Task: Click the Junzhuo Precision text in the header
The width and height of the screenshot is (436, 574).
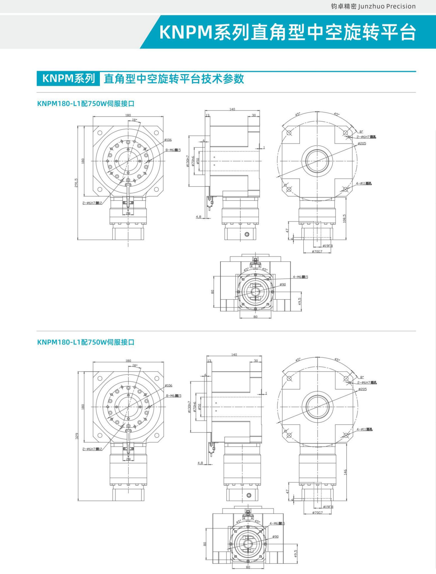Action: pyautogui.click(x=387, y=6)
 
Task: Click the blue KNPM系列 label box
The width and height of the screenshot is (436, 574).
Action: pyautogui.click(x=68, y=79)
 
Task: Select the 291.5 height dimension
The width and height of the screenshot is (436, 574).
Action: pyautogui.click(x=76, y=182)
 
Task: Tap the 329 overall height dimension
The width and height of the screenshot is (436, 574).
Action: pyautogui.click(x=77, y=436)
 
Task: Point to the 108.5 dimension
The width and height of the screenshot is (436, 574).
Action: pyautogui.click(x=344, y=218)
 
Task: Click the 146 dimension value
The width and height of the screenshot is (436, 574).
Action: pyautogui.click(x=345, y=472)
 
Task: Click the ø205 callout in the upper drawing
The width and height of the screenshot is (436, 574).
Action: pyautogui.click(x=362, y=144)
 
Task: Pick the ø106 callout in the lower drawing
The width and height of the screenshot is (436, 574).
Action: pyautogui.click(x=168, y=385)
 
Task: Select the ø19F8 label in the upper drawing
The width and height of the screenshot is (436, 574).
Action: pyautogui.click(x=328, y=246)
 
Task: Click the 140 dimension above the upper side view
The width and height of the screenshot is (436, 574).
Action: pyautogui.click(x=232, y=109)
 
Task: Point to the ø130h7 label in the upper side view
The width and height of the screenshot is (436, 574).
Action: pyautogui.click(x=188, y=161)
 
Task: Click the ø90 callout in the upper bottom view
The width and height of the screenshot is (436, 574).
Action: pyautogui.click(x=283, y=285)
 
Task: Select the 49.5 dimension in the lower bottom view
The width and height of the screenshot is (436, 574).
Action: pyautogui.click(x=296, y=554)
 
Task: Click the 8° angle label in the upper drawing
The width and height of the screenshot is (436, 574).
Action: pyautogui.click(x=361, y=132)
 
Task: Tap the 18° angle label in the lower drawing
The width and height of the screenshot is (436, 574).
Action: pyautogui.click(x=135, y=365)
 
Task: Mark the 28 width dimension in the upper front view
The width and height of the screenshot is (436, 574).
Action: pyautogui.click(x=128, y=214)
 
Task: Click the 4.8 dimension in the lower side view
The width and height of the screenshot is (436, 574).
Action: pyautogui.click(x=200, y=463)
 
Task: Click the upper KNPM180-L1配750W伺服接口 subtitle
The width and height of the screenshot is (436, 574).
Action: pyautogui.click(x=86, y=104)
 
